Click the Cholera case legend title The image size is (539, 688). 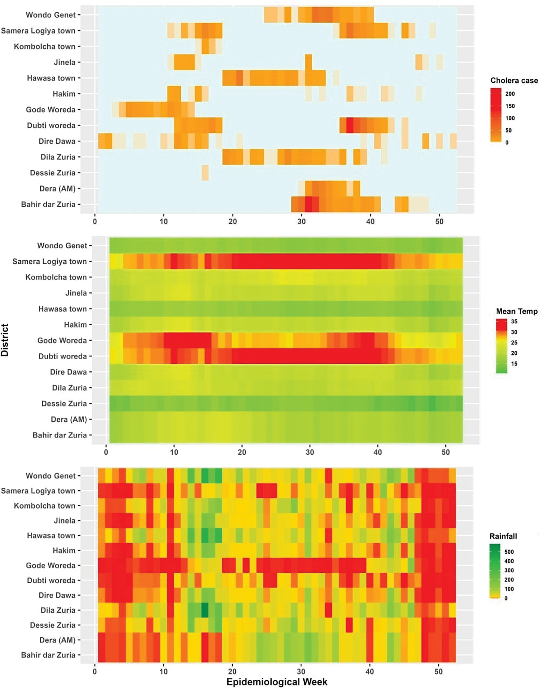point(514,81)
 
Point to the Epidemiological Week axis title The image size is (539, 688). point(277,682)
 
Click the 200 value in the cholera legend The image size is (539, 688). point(510,94)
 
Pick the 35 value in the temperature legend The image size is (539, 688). point(514,322)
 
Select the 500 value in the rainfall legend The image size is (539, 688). point(509,552)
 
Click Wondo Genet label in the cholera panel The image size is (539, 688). point(51,15)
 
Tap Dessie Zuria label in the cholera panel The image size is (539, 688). point(52,173)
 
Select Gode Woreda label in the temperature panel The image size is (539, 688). point(62,341)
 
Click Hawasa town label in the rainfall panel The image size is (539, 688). point(51,535)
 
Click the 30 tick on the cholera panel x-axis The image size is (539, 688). point(301,221)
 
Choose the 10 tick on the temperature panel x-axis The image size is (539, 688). point(174,452)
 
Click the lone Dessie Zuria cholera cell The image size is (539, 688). point(205,173)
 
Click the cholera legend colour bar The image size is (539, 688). point(496,115)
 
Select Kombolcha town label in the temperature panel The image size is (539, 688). point(56,277)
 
